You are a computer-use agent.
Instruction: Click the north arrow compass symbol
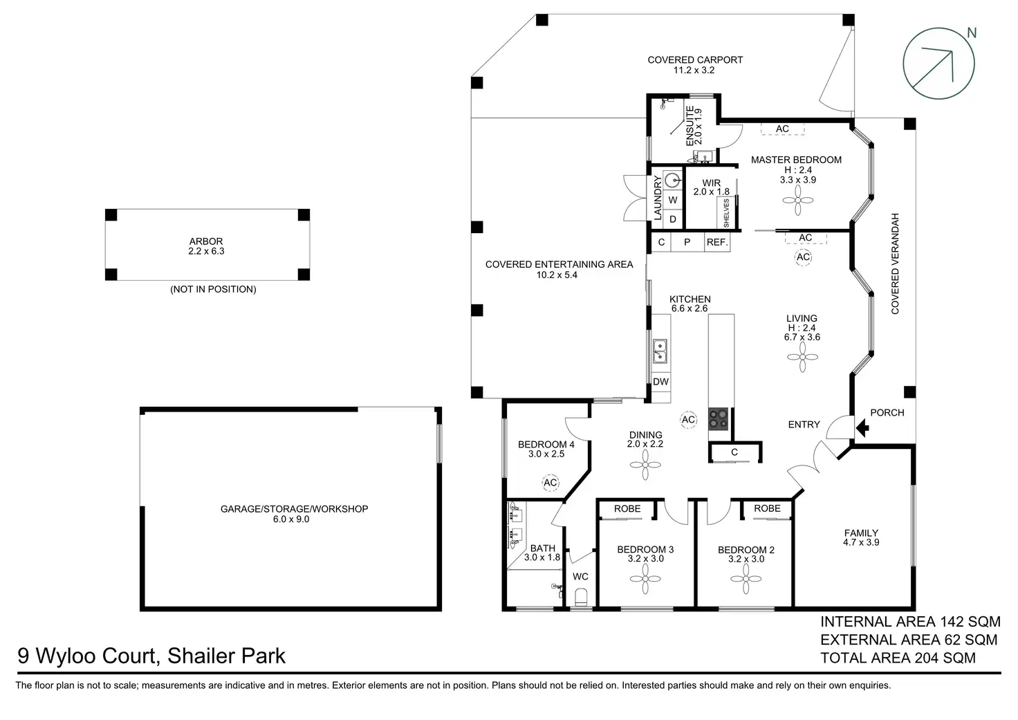click(x=939, y=64)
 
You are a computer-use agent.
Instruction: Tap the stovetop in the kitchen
click(x=719, y=419)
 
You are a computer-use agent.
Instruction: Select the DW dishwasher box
click(x=660, y=382)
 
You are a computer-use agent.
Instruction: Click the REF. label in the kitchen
click(x=717, y=243)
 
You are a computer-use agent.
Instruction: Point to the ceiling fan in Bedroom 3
click(x=645, y=579)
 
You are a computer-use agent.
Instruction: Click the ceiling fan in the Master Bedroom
click(x=798, y=200)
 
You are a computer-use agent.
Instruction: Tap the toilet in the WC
click(x=581, y=597)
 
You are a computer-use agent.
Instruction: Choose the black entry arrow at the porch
click(x=862, y=427)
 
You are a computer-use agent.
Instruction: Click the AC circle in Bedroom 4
click(x=550, y=482)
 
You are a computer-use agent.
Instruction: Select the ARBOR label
click(x=206, y=241)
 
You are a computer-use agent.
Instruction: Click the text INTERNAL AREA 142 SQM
click(x=910, y=621)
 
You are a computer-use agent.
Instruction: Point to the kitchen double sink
click(x=660, y=351)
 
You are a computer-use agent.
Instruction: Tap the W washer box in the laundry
click(x=673, y=200)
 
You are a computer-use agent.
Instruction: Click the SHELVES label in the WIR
click(x=726, y=213)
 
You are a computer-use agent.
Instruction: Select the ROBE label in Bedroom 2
click(x=767, y=508)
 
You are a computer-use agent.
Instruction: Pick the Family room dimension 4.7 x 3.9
click(x=861, y=542)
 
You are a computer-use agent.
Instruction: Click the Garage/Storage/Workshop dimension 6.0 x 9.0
click(x=291, y=519)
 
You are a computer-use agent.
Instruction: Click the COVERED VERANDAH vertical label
click(x=896, y=264)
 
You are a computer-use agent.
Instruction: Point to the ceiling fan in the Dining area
click(x=645, y=465)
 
